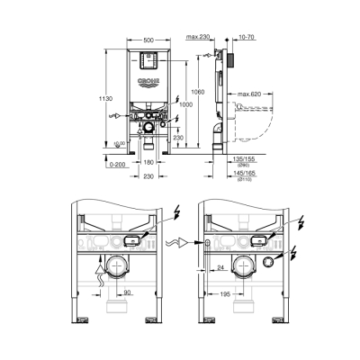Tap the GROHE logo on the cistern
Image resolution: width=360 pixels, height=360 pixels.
click(x=148, y=80)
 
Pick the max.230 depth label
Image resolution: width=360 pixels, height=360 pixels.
click(x=201, y=38)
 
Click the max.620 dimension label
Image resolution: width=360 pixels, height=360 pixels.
click(x=250, y=93)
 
